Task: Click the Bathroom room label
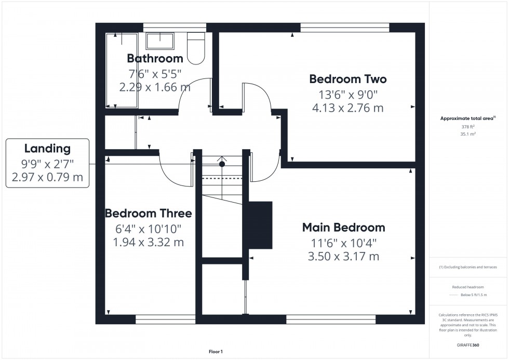[155, 58]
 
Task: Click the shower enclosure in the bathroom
[122, 69]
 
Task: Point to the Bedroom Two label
[347, 79]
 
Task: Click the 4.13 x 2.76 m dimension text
[347, 108]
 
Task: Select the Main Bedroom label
[343, 227]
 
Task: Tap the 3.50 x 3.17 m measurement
[343, 256]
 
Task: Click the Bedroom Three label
[148, 214]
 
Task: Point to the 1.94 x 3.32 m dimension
[148, 242]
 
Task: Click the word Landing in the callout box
[47, 149]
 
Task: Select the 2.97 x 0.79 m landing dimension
[47, 178]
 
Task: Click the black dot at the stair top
[222, 164]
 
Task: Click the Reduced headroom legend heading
[468, 287]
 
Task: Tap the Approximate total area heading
[467, 118]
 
